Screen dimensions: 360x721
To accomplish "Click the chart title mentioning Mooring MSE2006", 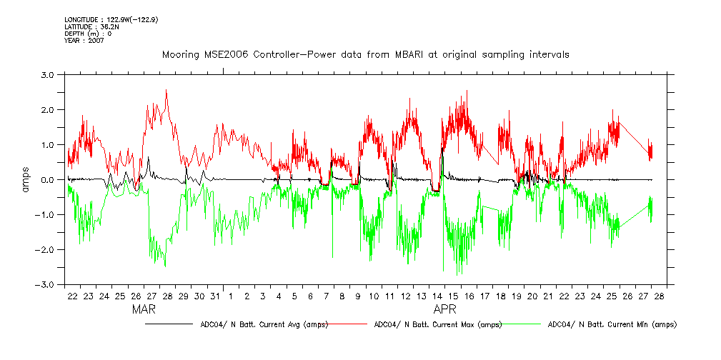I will (x=365, y=55).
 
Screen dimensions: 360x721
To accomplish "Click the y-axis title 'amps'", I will (x=26, y=180).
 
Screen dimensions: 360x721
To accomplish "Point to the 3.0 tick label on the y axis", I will (x=47, y=74).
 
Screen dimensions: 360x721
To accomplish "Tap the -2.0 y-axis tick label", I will (x=46, y=250).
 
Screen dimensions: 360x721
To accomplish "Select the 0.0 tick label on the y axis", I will (x=47, y=180).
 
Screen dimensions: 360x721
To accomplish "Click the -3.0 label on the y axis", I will (x=46, y=285).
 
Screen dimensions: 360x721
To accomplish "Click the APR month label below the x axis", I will (x=445, y=310).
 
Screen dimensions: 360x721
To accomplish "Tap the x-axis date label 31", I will (x=215, y=296).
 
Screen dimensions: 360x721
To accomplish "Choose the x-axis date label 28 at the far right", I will (x=658, y=296).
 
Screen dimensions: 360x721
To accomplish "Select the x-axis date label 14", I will (x=437, y=296).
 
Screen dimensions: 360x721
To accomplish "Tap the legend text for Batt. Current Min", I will (x=611, y=324).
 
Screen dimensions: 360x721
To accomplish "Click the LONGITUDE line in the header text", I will (x=111, y=20).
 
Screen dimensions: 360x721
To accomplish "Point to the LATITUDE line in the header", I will (x=91, y=26).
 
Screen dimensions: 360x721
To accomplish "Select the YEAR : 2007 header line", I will (x=84, y=41).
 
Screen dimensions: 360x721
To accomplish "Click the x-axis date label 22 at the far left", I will (x=72, y=296).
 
